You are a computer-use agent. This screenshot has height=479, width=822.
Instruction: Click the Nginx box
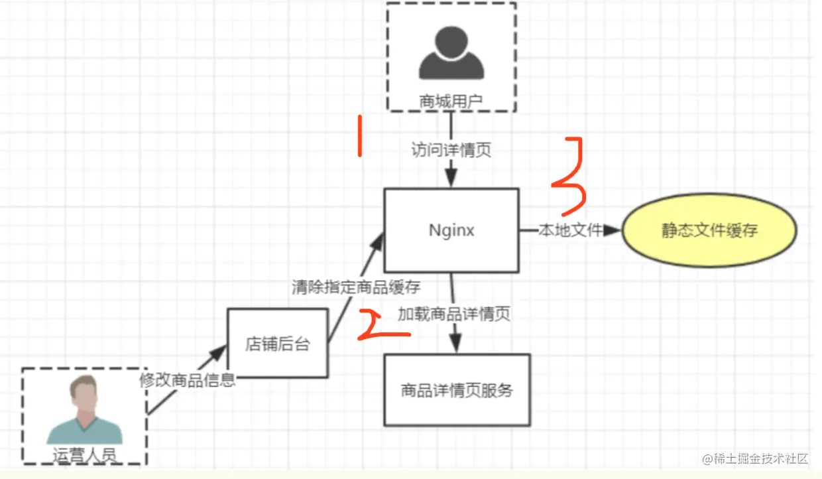coord(451,230)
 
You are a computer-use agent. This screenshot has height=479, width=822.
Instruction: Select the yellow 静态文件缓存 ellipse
coord(709,231)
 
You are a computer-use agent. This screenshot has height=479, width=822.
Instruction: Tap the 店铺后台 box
coord(277,344)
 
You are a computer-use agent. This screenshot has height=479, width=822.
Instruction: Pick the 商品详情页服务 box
coord(457,390)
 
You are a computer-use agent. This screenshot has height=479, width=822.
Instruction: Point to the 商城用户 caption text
coord(451,102)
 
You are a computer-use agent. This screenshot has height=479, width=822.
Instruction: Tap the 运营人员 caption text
coord(84,455)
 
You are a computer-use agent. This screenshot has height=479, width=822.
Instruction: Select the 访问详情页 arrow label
coord(451,150)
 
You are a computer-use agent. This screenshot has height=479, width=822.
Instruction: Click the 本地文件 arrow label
coord(570,230)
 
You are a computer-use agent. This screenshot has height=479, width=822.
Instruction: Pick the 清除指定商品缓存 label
coord(356,287)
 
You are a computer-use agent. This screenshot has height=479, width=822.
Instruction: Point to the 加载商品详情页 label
coord(454,314)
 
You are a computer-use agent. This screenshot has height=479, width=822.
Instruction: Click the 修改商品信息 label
coord(187,380)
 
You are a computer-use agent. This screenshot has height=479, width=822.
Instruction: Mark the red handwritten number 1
coord(359,136)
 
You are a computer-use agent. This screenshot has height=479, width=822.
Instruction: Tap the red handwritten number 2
coord(383,325)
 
